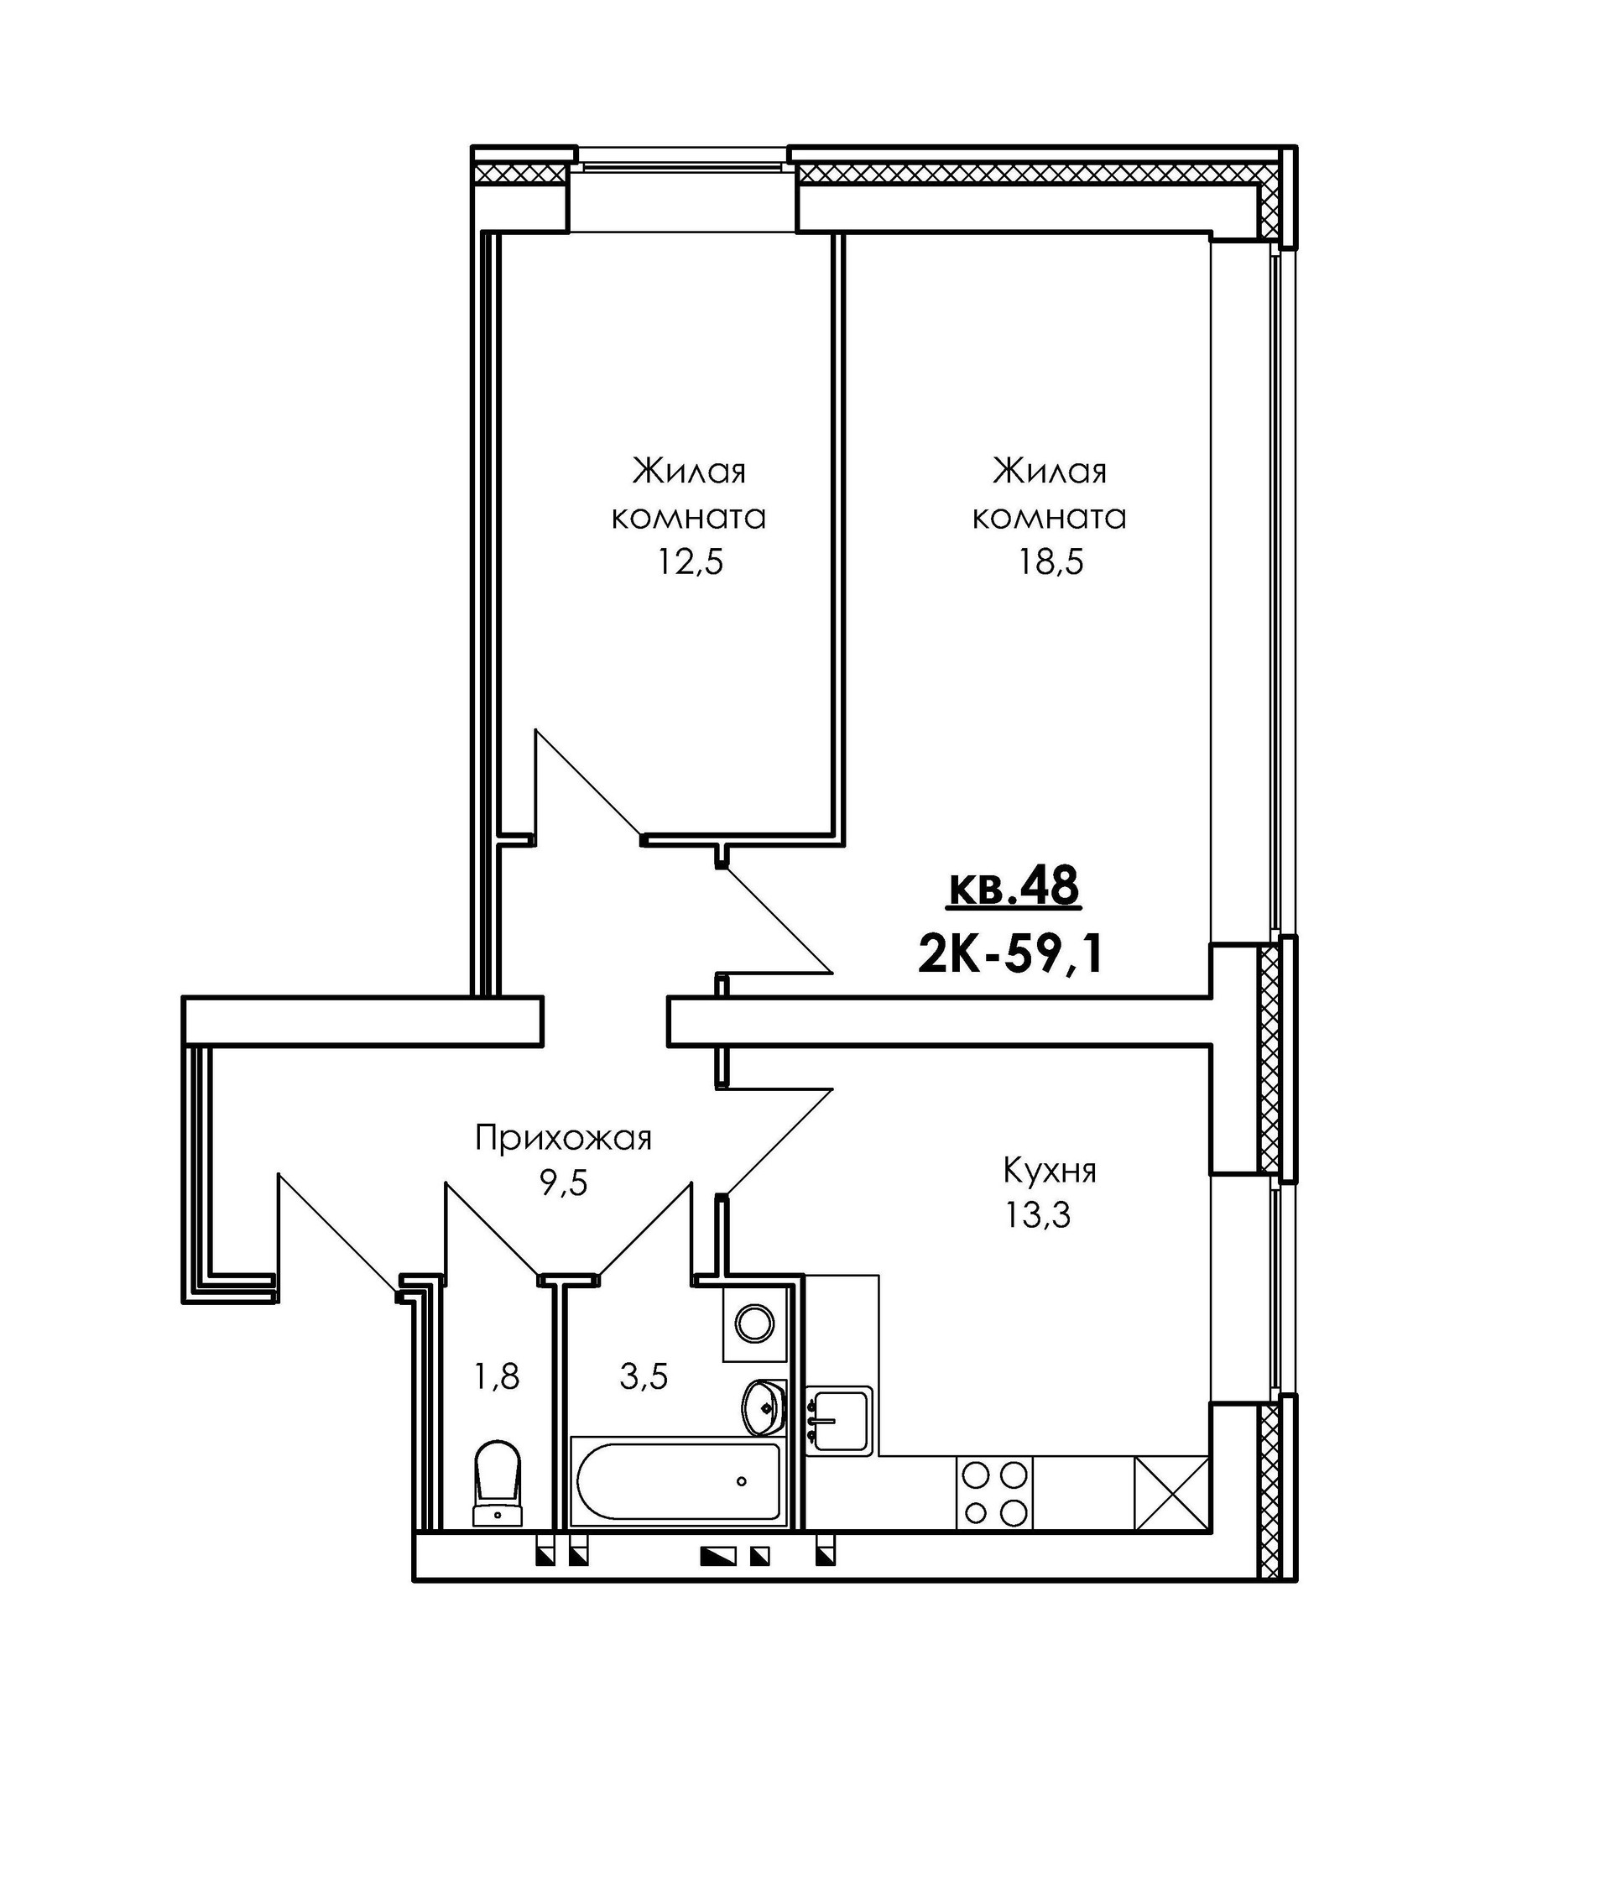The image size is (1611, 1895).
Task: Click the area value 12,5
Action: (x=691, y=562)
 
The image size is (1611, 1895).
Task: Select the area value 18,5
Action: (x=1051, y=562)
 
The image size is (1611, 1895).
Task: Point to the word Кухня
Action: (x=1050, y=1170)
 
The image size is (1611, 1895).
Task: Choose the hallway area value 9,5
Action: (x=564, y=1183)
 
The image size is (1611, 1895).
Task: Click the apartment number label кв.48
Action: (x=1014, y=888)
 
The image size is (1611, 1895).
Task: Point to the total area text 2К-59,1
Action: (x=1011, y=955)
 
